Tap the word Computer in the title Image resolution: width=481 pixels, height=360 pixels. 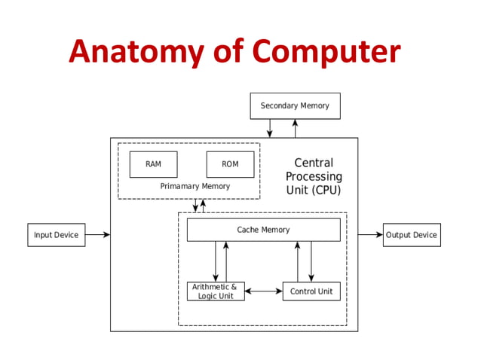[x=326, y=50]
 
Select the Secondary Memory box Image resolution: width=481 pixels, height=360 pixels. [x=295, y=105]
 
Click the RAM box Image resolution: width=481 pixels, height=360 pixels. [x=153, y=164]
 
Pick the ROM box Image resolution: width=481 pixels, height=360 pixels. [x=230, y=164]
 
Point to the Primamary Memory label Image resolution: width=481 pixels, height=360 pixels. [x=195, y=186]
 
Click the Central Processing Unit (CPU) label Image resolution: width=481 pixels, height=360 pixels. [x=314, y=176]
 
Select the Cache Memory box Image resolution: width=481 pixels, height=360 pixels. [x=263, y=230]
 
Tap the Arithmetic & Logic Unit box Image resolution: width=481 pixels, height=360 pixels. [x=216, y=291]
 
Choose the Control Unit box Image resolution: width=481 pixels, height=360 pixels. [x=311, y=291]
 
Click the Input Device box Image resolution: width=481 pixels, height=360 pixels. [x=56, y=235]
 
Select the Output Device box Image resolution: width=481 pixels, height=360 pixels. [x=411, y=235]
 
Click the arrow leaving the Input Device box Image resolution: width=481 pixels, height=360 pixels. [x=97, y=235]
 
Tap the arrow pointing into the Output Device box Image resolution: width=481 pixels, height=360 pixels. [x=370, y=235]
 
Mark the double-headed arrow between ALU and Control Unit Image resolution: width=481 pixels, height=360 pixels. [x=263, y=291]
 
